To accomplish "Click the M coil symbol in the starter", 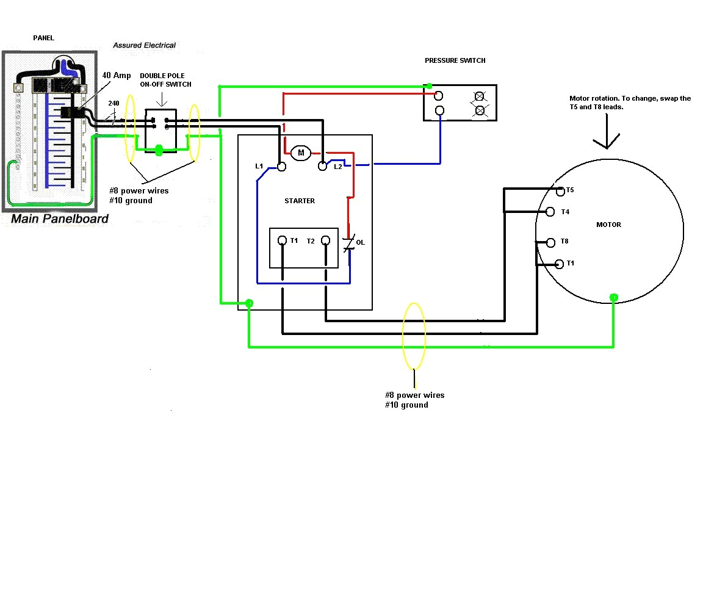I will pos(300,153).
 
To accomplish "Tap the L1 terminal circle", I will pos(281,166).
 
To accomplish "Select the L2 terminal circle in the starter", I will pos(323,166).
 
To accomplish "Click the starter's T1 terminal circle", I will pos(282,240).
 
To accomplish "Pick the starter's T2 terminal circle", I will pos(326,240).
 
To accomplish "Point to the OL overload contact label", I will pos(360,243).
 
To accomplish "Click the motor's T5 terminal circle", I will pos(561,191).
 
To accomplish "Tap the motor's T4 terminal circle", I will pos(550,212).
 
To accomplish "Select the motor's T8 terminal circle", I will pos(550,242).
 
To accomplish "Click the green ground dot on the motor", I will pos(613,298).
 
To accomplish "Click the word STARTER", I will pos(300,201).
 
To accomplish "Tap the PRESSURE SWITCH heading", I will pos(455,61).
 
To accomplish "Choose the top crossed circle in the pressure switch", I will pos(480,96).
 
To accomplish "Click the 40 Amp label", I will pos(116,75).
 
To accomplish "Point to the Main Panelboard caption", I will pos(60,218).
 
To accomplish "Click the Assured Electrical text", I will pos(145,45).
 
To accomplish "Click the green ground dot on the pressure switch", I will pos(430,86).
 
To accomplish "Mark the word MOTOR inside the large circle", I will pos(608,225).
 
